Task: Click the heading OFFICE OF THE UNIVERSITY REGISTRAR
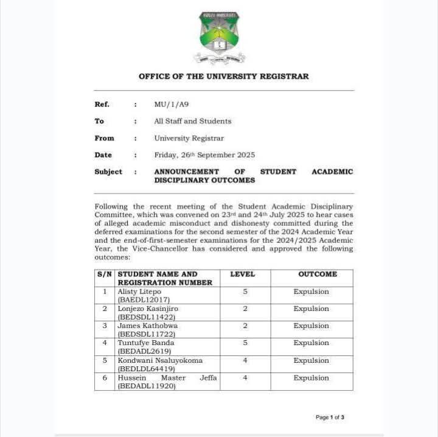(223, 77)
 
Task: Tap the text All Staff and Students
(192, 121)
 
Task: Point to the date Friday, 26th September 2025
(204, 155)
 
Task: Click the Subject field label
(108, 172)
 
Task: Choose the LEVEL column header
(242, 274)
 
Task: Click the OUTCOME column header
(317, 274)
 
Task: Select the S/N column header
(105, 274)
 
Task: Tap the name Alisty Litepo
(139, 292)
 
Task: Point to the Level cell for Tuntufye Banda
(245, 343)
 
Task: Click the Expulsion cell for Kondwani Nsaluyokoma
(311, 360)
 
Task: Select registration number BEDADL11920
(147, 386)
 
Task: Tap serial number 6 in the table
(105, 378)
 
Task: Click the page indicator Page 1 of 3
(330, 418)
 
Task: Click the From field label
(104, 138)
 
